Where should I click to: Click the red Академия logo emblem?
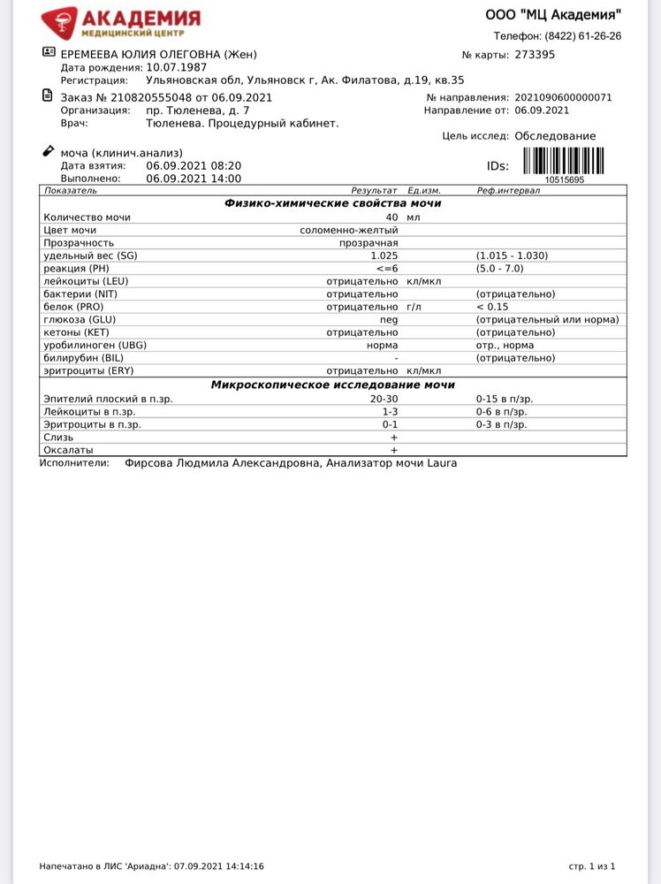[59, 21]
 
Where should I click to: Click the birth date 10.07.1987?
[178, 67]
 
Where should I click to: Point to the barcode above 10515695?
[564, 161]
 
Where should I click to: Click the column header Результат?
[375, 190]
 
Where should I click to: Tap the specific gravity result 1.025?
[384, 255]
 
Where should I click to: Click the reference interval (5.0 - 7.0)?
[499, 268]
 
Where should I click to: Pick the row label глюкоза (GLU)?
[80, 319]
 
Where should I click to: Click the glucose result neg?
[389, 319]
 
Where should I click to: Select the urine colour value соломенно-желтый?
[349, 230]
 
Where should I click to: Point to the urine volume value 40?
[391, 217]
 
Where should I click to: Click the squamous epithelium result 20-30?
[384, 399]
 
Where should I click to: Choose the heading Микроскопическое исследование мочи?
[332, 385]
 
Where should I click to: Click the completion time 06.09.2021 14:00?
[194, 178]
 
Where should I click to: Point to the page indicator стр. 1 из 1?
[592, 866]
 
